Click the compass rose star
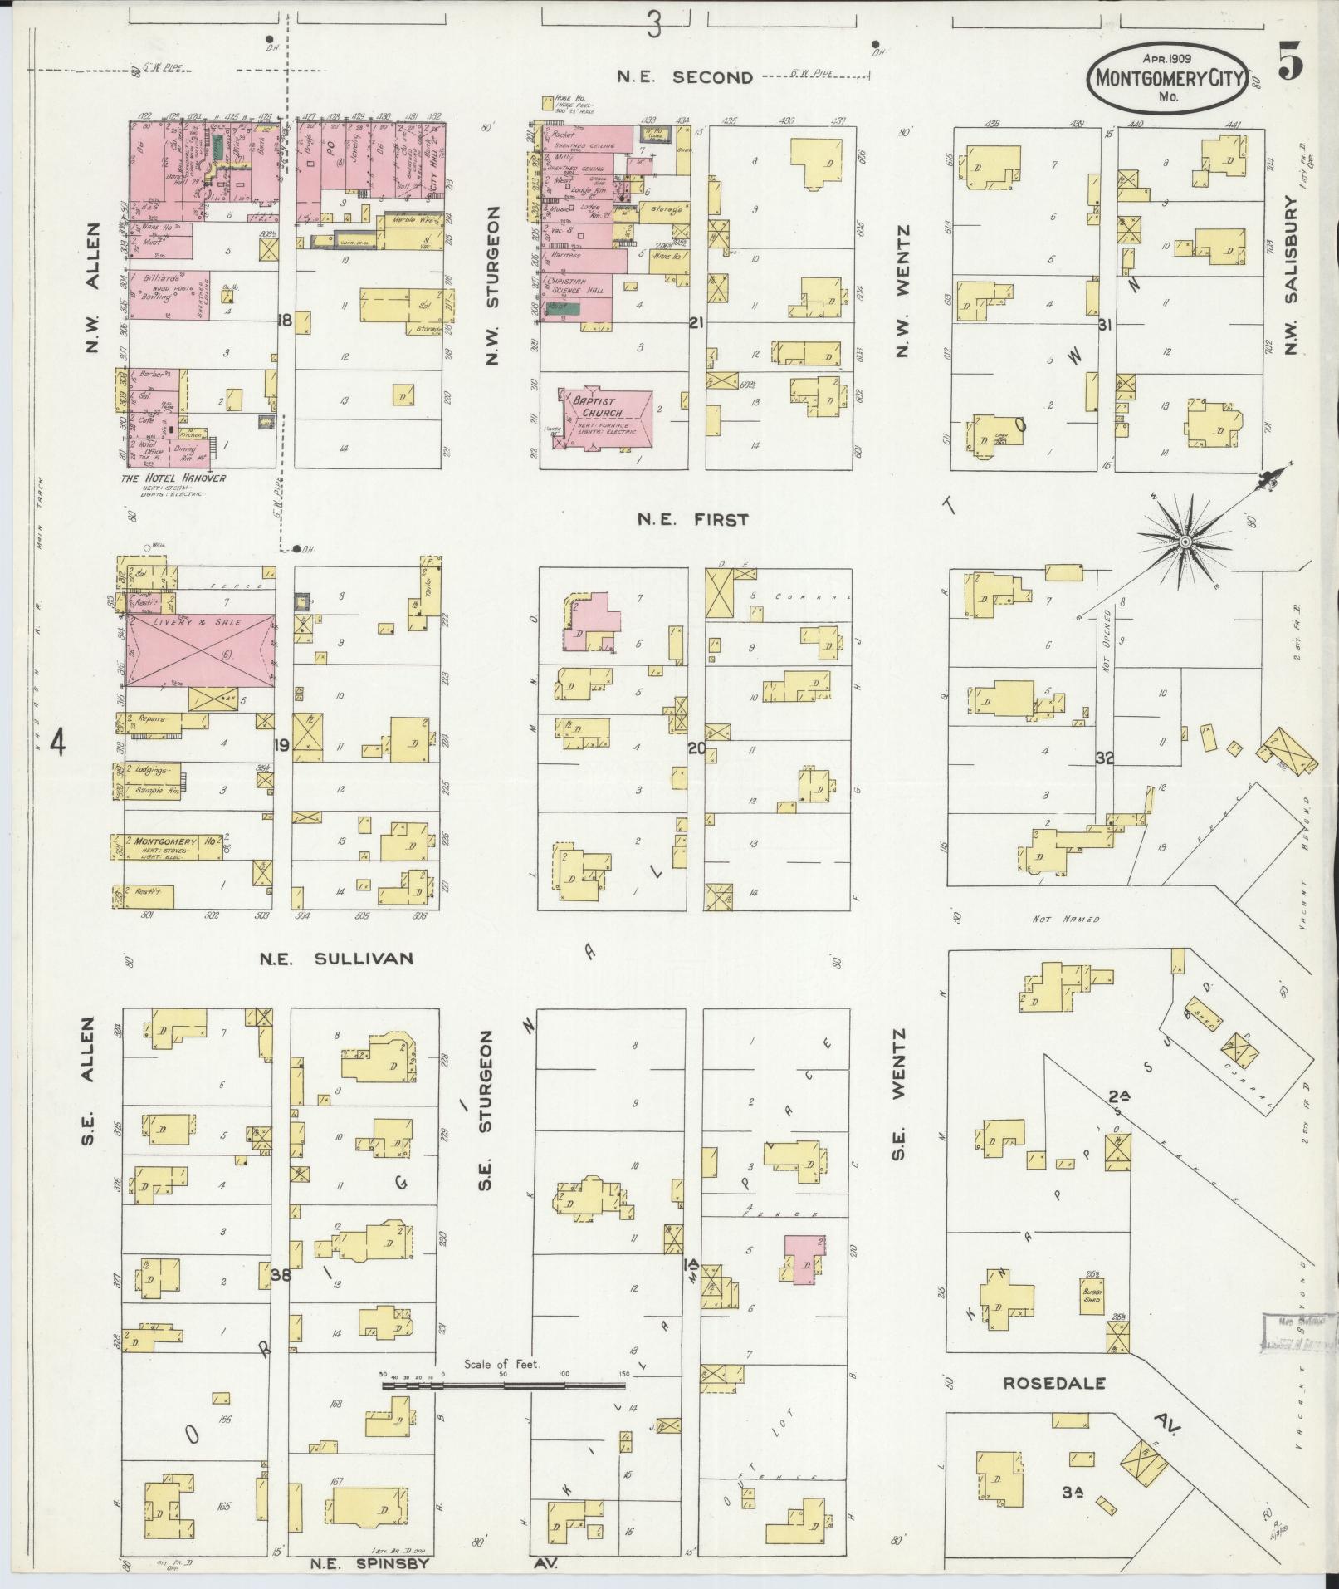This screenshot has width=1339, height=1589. click(1186, 542)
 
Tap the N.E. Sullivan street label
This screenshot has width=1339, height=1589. click(335, 959)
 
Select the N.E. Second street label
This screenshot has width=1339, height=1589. click(686, 77)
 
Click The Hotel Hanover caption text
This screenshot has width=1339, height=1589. click(173, 478)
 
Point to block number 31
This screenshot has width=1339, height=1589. click(1104, 324)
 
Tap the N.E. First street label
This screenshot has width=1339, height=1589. click(693, 520)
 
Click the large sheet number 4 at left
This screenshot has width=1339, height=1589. click(57, 742)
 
